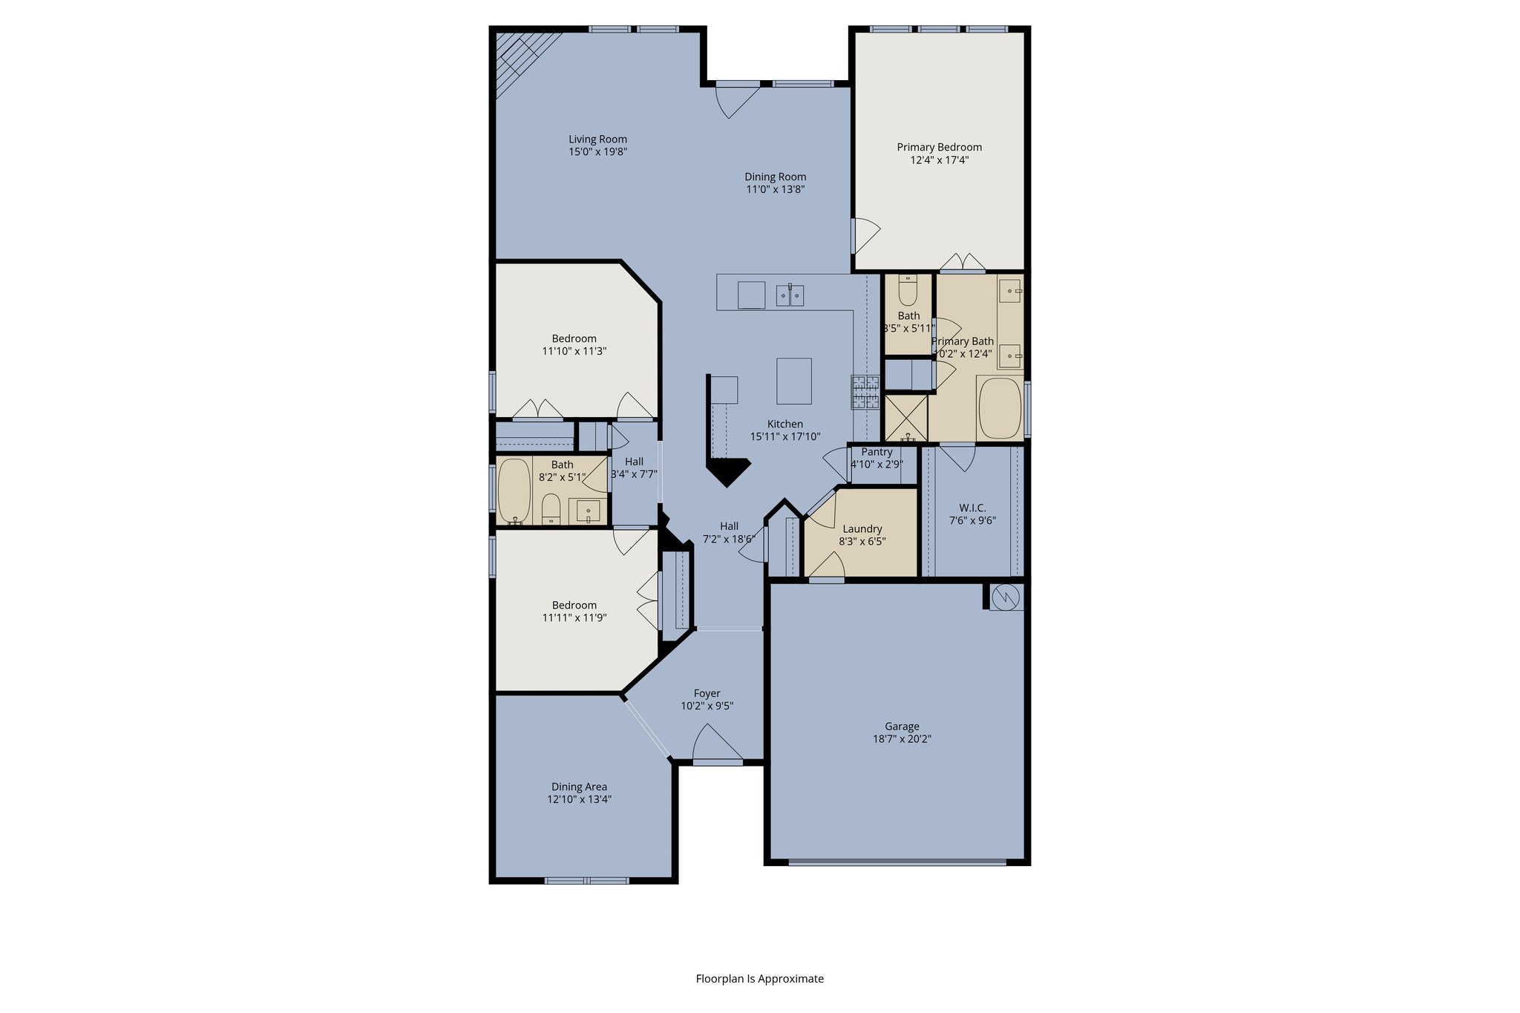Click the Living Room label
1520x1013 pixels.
coord(597,140)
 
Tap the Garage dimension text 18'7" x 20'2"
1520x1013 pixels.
coord(902,739)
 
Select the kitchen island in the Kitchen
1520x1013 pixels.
coord(793,381)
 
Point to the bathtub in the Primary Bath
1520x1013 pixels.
coord(1000,409)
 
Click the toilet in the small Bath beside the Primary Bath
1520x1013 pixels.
coord(908,291)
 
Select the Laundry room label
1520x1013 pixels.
coord(862,529)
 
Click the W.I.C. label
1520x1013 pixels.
coord(972,508)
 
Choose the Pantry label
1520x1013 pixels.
coord(877,452)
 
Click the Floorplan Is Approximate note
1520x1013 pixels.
coord(759,979)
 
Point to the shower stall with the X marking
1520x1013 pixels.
coord(905,417)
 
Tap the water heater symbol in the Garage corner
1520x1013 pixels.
coord(1006,597)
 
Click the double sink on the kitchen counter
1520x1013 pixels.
coord(790,295)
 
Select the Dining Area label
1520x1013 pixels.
coord(579,787)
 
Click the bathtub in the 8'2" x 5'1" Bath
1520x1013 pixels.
coord(514,491)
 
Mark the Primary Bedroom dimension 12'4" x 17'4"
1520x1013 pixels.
coord(939,160)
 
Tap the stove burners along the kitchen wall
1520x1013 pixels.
coord(865,392)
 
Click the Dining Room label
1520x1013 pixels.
coord(775,177)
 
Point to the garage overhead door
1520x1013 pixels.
coord(897,862)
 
